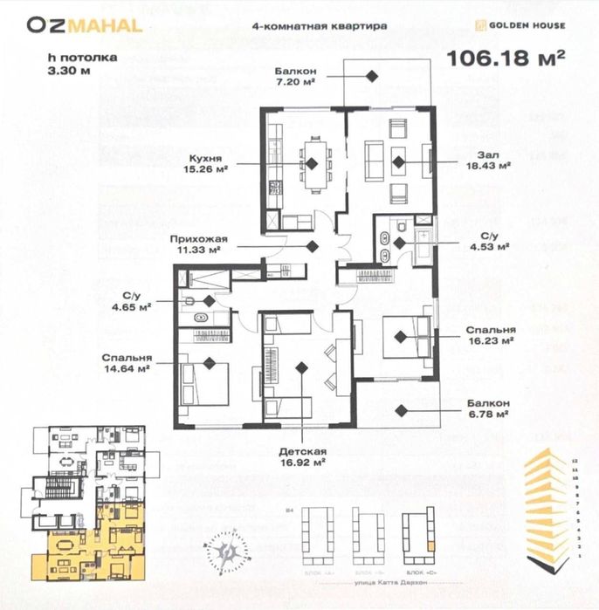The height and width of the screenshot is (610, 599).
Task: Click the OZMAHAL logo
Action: pos(84,24)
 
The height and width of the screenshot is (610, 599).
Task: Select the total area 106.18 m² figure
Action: pos(506,59)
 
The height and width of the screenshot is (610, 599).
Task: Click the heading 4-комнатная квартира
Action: pos(319,26)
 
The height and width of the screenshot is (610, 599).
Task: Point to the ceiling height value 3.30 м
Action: pos(71,72)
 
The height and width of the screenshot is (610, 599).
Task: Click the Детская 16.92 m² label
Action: pos(303,456)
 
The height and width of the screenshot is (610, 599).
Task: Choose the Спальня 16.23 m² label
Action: pos(490,336)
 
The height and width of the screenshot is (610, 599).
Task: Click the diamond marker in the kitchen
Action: pos(312,162)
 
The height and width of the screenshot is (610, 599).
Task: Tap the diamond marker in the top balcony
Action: pos(371,77)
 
